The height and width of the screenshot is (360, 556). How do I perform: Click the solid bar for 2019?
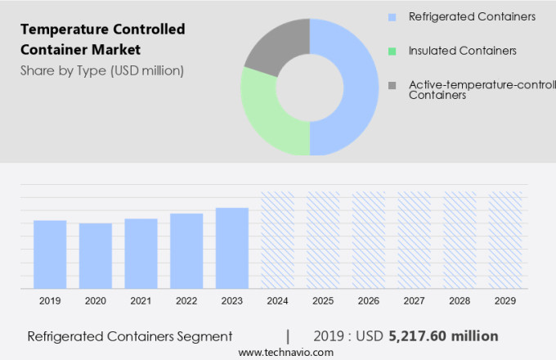point(50,254)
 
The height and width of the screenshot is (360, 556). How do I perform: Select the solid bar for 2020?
point(96,256)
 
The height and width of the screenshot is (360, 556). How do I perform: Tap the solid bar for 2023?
point(232,248)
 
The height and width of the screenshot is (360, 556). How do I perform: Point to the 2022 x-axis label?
point(186,301)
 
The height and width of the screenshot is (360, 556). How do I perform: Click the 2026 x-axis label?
point(369,301)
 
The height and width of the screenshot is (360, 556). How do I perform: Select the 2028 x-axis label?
point(460,301)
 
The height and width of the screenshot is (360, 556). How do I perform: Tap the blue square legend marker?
point(392,16)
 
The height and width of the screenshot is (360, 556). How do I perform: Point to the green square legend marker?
point(392,51)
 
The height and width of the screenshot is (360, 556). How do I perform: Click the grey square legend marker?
point(392,85)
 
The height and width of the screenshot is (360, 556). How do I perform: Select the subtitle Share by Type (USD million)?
point(102,70)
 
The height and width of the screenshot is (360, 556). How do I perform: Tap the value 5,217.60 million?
point(444,336)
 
